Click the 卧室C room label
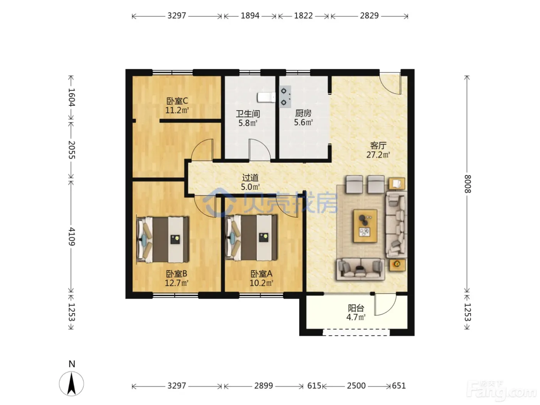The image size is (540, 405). [177, 101]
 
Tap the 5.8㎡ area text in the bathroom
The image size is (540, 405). [248, 123]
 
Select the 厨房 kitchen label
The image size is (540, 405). [303, 113]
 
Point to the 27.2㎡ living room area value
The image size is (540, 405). [378, 155]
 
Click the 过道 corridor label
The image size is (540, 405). [250, 178]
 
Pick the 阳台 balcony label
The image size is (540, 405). [356, 308]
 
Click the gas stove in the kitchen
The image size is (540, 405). [285, 97]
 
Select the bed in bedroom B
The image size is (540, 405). [163, 240]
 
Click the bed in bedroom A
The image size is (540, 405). [251, 238]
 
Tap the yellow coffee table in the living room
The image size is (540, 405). [365, 226]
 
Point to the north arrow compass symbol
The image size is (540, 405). [71, 384]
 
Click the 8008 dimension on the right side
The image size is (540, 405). [467, 184]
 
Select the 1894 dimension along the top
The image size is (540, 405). [250, 16]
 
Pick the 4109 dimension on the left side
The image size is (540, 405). [71, 236]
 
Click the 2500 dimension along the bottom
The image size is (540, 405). [356, 386]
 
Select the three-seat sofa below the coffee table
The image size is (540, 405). [360, 269]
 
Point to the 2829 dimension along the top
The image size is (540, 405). [369, 16]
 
